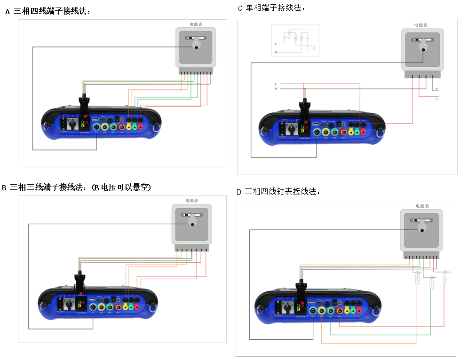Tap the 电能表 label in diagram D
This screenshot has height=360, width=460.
coord(422,206)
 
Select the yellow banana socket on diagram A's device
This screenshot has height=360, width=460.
coord(129,126)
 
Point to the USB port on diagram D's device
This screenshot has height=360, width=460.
coord(311,302)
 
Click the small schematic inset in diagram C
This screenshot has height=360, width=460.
coord(295,40)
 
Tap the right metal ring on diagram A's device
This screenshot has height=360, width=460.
coord(156,125)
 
